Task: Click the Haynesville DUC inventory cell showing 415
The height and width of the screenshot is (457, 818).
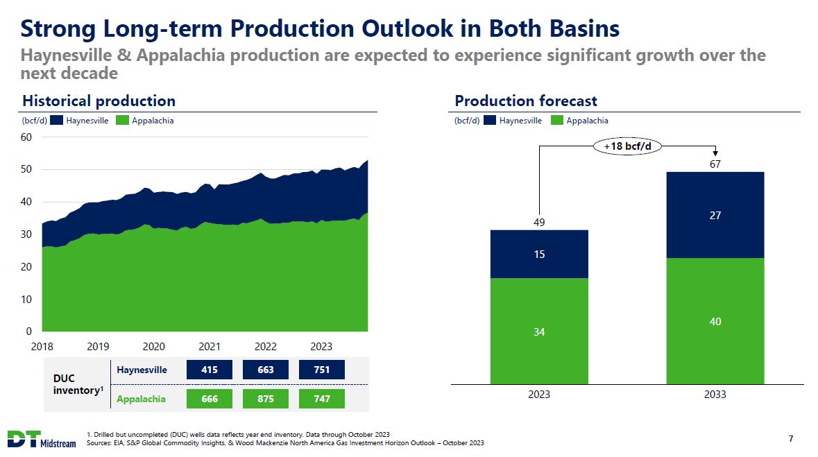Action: (x=209, y=370)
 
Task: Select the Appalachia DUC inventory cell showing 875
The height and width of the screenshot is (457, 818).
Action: (x=265, y=399)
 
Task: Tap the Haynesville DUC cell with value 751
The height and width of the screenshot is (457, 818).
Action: (x=321, y=370)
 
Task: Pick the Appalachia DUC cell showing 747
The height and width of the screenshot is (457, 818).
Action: (x=321, y=399)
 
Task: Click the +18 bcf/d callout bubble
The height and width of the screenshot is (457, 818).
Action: (x=627, y=146)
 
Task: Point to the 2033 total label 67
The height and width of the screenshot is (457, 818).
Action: (x=715, y=164)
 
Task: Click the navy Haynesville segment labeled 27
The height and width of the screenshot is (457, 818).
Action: (x=715, y=215)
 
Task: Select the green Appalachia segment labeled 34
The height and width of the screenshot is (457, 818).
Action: (x=539, y=331)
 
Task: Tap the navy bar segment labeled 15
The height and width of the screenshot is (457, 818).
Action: (x=539, y=254)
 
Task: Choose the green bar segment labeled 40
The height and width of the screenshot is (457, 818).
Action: (x=715, y=321)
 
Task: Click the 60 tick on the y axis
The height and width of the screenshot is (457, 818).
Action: (x=26, y=137)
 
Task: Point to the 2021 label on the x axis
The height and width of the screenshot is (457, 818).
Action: (x=210, y=346)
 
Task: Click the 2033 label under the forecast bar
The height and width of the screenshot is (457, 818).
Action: (x=715, y=394)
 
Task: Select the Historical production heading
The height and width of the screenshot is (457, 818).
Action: (x=99, y=101)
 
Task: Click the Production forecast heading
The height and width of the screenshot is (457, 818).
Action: (x=526, y=101)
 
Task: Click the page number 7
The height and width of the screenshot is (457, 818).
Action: (x=791, y=438)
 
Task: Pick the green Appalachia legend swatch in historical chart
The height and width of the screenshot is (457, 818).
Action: (x=122, y=121)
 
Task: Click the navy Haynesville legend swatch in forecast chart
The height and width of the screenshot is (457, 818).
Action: (x=489, y=121)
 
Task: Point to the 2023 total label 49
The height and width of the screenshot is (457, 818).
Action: (x=539, y=222)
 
